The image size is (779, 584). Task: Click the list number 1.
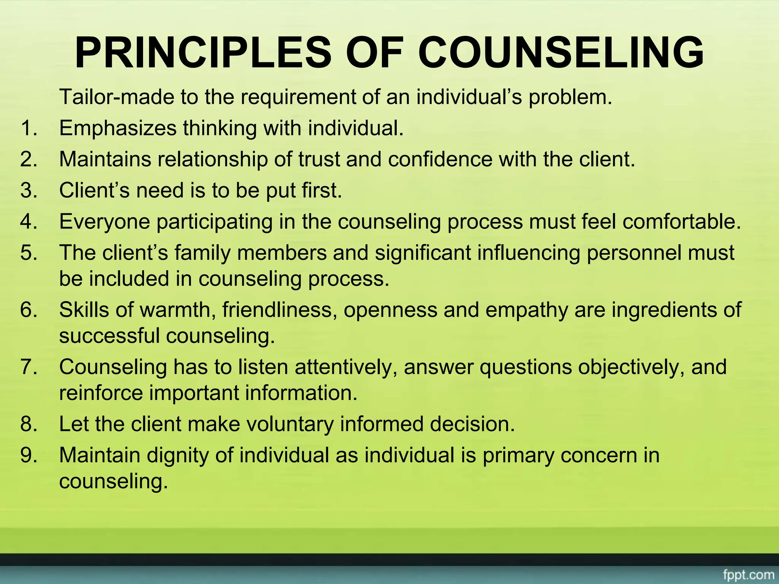point(29,128)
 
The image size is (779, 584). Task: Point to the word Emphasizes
point(118,128)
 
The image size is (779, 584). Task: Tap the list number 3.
point(29,190)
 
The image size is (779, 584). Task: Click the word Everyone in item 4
point(105,221)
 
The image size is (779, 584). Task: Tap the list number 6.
point(29,309)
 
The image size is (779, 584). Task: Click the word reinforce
point(101,393)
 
